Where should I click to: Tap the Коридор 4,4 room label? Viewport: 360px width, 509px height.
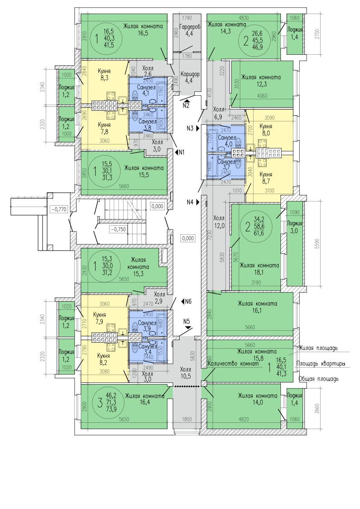(x=189, y=76)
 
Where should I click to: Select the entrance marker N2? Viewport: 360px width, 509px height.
(x=186, y=103)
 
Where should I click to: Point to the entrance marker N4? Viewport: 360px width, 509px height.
(x=193, y=203)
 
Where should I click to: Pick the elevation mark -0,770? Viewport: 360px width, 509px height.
(x=59, y=209)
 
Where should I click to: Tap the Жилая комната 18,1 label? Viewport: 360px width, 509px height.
(x=260, y=269)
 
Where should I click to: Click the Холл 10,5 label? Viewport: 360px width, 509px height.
(x=186, y=373)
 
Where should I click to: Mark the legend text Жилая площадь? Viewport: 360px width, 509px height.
(x=318, y=348)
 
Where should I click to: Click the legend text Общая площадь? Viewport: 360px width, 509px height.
(x=319, y=379)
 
